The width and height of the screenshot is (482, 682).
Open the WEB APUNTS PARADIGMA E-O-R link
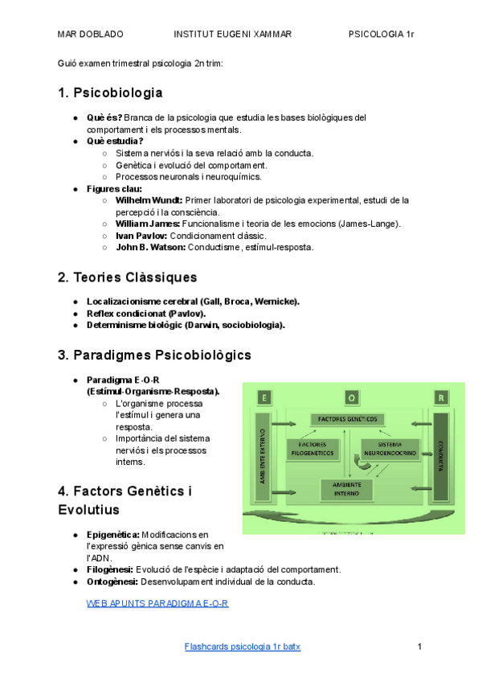click(157, 602)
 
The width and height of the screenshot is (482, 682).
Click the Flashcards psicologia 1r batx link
click(242, 647)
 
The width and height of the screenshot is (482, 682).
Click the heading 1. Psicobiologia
click(110, 92)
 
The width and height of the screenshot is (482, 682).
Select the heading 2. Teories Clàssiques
click(127, 277)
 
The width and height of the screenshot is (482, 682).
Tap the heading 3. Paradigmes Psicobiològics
click(154, 355)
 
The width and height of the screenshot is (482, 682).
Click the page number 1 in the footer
click(419, 647)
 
